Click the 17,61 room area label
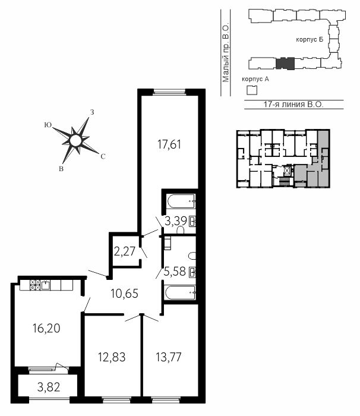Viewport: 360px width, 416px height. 169,144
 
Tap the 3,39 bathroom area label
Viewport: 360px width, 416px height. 176,220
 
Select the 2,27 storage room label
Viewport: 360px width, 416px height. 125,251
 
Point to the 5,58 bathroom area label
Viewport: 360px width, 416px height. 175,272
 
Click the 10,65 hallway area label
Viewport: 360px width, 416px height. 124,294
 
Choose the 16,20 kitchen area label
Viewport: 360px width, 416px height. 46,329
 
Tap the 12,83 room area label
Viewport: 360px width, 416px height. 112,357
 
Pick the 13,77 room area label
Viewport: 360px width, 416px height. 169,357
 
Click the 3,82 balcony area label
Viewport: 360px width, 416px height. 49,387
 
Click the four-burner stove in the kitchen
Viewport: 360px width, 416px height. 35,285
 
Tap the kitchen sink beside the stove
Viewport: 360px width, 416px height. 45,285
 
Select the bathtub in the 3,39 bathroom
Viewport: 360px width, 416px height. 181,201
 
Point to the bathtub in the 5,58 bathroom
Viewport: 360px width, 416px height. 180,292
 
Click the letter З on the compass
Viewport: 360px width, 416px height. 92,112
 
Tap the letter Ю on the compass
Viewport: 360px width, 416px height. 48,125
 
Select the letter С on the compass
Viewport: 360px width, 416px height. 103,156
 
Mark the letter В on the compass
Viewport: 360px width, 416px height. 61,169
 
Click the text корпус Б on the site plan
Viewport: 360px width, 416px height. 310,40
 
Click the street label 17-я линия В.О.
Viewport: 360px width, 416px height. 293,104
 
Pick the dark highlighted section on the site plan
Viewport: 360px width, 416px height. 285,64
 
